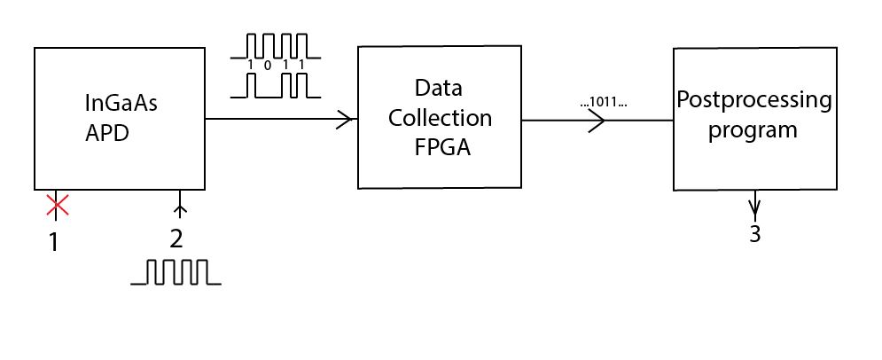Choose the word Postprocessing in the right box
point(754,100)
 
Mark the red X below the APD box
point(57,207)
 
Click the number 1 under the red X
point(53,240)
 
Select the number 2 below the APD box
point(176,239)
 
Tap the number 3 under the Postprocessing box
point(754,234)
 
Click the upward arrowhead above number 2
point(181,209)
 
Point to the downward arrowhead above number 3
point(754,212)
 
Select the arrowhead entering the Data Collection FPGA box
point(346,119)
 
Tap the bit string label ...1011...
point(604,103)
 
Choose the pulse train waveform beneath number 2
point(176,272)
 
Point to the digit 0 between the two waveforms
point(267,66)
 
